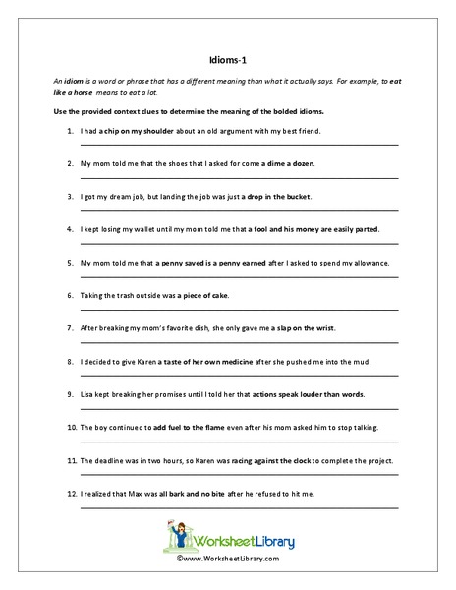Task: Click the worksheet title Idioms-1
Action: (227, 57)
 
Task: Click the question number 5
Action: (71, 264)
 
